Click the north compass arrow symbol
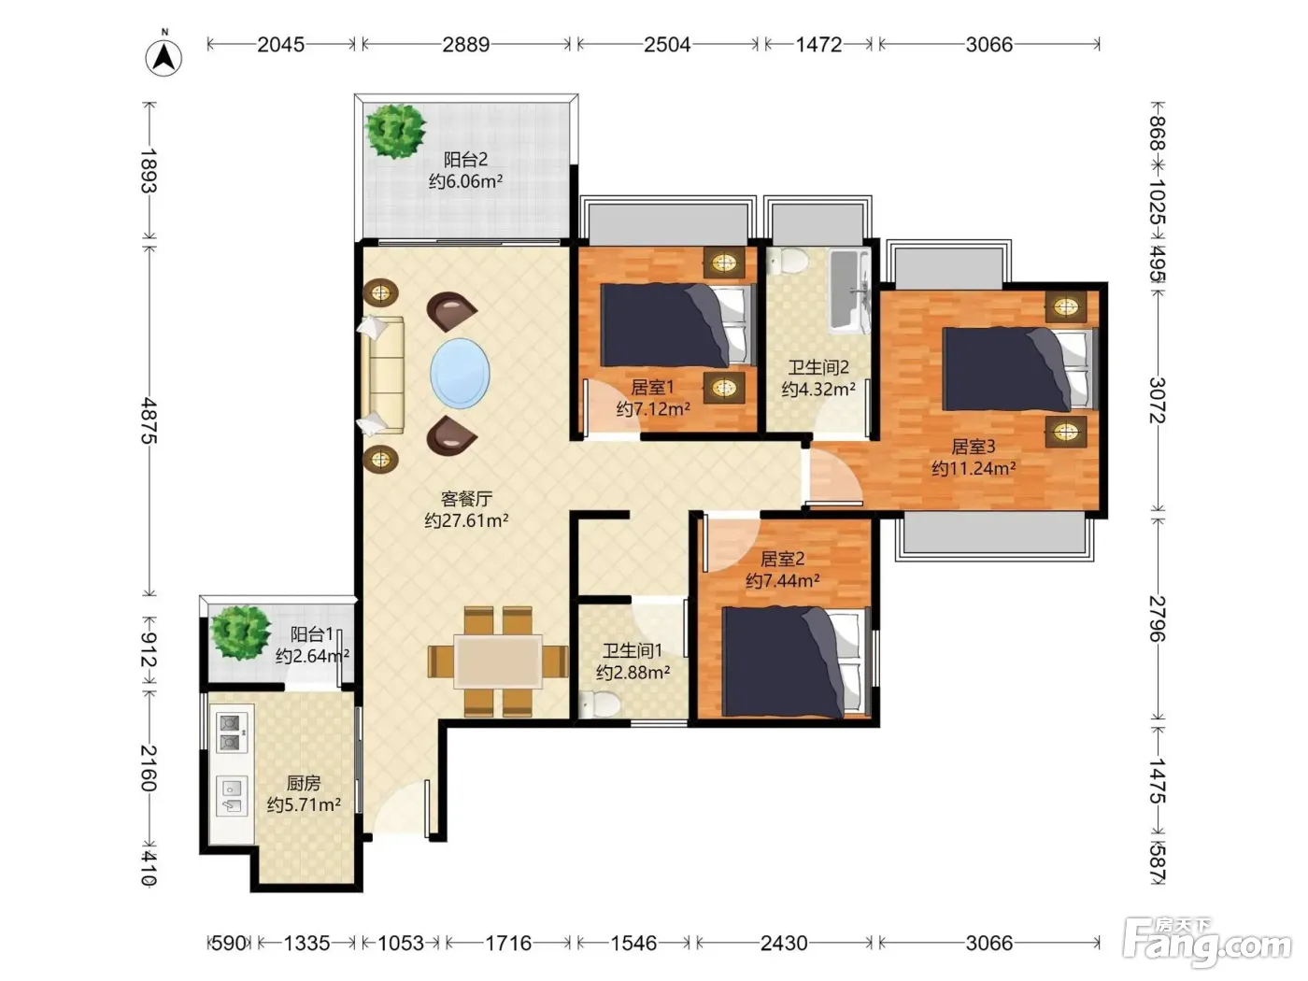[x=163, y=57]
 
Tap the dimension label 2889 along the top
[x=465, y=44]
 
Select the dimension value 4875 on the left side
[x=149, y=420]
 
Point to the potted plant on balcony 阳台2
[x=395, y=131]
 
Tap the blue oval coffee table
[x=460, y=374]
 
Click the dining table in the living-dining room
[x=498, y=661]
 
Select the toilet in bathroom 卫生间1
[x=600, y=704]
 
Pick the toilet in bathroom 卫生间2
[x=788, y=261]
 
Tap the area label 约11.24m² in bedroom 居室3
[x=974, y=468]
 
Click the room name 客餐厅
[x=466, y=498]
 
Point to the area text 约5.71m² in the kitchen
[x=304, y=804]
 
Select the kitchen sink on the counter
[x=232, y=795]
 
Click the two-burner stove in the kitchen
[x=231, y=733]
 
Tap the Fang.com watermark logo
[x=1207, y=944]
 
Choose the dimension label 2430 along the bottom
[x=784, y=943]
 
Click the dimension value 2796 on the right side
[x=1157, y=618]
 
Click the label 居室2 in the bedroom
[x=782, y=559]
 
